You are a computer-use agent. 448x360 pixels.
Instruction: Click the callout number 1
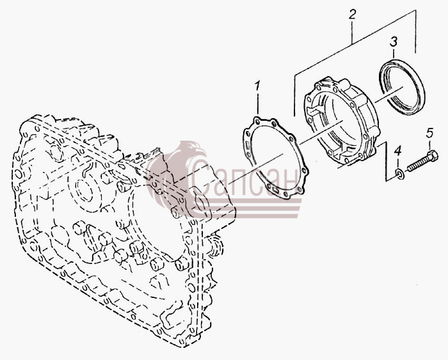257,85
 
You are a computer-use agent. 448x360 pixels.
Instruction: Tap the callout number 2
352,14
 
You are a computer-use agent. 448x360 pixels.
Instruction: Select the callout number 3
394,42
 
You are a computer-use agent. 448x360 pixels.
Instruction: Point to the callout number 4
398,151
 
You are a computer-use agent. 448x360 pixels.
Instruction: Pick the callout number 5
429,132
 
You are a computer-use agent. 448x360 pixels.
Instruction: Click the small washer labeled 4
400,174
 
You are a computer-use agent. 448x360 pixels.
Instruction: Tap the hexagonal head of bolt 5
432,156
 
